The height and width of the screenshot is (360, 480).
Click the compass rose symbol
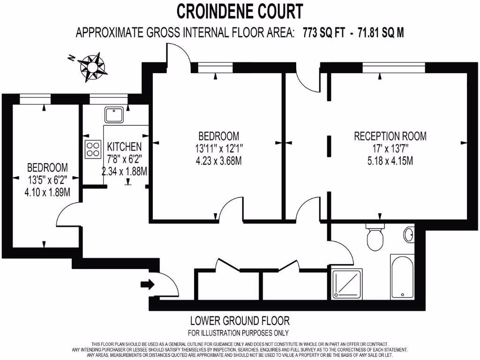coord(92,66)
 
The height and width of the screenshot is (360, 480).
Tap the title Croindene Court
coord(240,10)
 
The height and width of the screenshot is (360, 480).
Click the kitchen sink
coord(114,114)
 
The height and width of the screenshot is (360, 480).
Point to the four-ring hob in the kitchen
coord(93,149)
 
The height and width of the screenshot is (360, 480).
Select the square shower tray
coord(346,284)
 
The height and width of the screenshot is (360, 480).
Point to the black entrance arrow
coord(147,285)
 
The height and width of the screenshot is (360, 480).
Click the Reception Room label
coord(390,136)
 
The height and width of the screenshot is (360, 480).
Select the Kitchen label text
coord(124,147)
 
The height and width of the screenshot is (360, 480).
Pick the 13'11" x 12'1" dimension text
coord(219,149)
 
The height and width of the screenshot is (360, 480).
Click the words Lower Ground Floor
coord(240,321)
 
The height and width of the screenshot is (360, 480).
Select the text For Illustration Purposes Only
coord(238,333)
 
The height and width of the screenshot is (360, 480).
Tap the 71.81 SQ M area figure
coord(381,33)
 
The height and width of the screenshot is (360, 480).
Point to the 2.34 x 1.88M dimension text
coord(125,172)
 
